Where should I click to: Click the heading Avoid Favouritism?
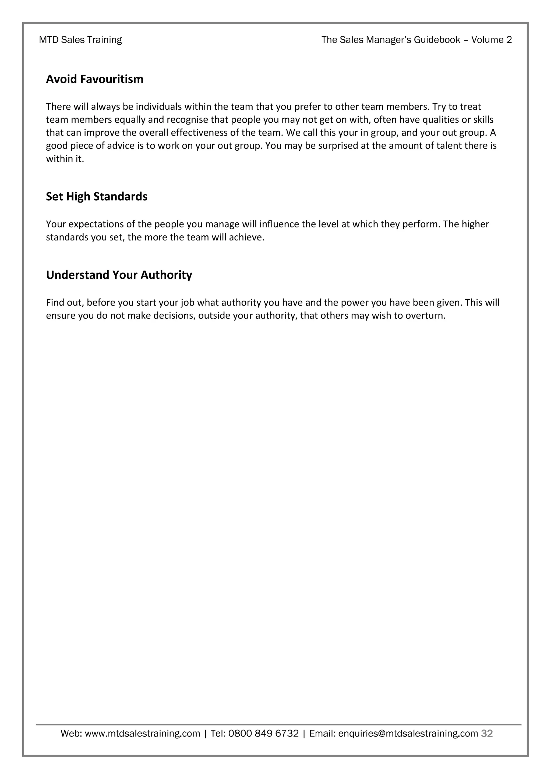coord(95,79)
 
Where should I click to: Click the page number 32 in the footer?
coord(487,734)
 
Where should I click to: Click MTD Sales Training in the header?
coord(80,40)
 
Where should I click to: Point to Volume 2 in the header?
coord(491,40)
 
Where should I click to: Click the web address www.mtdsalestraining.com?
coord(142,734)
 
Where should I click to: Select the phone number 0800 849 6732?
coord(263,734)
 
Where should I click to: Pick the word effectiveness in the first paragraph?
coord(200,133)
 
